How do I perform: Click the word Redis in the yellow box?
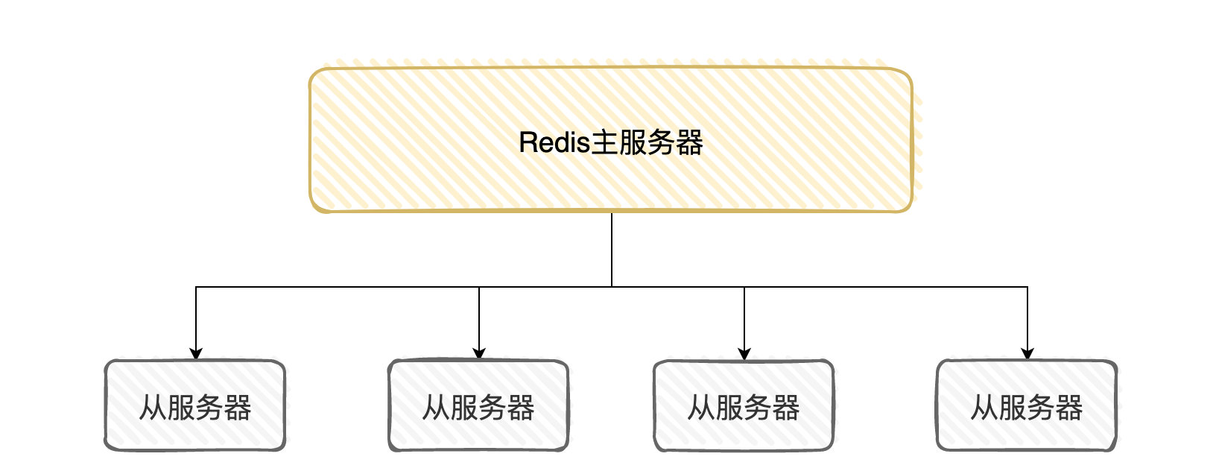click(x=554, y=143)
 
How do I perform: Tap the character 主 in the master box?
click(x=604, y=143)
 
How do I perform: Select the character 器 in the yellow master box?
click(x=689, y=143)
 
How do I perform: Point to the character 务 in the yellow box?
click(x=661, y=143)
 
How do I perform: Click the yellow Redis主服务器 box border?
click(x=611, y=68)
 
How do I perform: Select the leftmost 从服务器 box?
click(x=195, y=405)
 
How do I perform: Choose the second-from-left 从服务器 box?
click(x=478, y=405)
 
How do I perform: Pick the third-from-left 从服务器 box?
click(x=744, y=405)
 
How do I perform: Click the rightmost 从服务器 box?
click(x=1027, y=405)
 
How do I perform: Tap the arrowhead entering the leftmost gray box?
click(x=196, y=354)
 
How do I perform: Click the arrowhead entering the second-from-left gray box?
click(x=479, y=354)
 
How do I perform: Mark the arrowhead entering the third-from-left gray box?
click(x=744, y=354)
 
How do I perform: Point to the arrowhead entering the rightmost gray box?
click(x=1027, y=354)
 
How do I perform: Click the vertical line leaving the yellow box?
click(x=612, y=250)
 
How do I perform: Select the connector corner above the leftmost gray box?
click(x=196, y=287)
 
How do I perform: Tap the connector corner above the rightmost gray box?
click(x=1027, y=287)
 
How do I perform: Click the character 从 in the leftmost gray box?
click(x=153, y=408)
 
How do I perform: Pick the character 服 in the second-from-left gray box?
click(x=464, y=408)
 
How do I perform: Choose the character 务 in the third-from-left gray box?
click(x=758, y=408)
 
